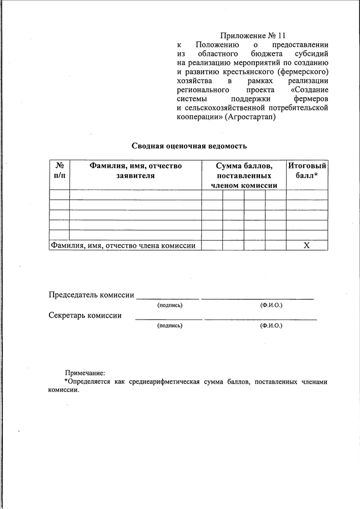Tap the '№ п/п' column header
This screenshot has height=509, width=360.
59,170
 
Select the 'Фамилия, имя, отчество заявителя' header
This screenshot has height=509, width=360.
135,170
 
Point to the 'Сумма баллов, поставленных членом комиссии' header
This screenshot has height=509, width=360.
244,175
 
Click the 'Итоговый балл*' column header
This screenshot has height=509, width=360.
307,170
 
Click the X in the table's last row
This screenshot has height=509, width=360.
307,245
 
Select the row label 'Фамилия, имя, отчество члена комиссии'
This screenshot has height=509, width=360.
123,245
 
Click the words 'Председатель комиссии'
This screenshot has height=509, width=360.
91,295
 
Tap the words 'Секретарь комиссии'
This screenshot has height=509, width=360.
85,316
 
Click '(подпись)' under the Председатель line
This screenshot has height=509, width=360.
170,305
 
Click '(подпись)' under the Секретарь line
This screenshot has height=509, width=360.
170,326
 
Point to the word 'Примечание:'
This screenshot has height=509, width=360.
85,372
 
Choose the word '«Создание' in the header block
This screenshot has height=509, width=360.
309,90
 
